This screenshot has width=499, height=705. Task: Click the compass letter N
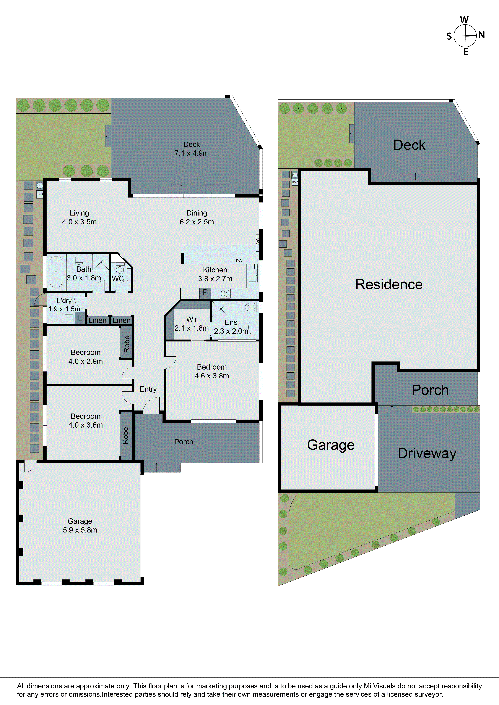[481, 35]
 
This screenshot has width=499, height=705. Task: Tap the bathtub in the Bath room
[56, 272]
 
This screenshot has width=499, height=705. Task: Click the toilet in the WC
[120, 270]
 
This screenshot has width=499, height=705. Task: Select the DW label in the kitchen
[239, 261]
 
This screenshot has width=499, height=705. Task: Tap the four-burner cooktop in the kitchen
[225, 294]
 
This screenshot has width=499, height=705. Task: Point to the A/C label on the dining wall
[258, 241]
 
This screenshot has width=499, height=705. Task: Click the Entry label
[148, 389]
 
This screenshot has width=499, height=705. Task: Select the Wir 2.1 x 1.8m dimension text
[192, 328]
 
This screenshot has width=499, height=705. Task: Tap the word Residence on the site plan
[389, 284]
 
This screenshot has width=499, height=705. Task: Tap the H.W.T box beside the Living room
[40, 194]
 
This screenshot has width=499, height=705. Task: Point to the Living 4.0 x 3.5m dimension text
[79, 222]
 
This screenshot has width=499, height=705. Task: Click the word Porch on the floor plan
[184, 442]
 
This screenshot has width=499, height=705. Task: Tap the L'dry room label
[64, 301]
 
